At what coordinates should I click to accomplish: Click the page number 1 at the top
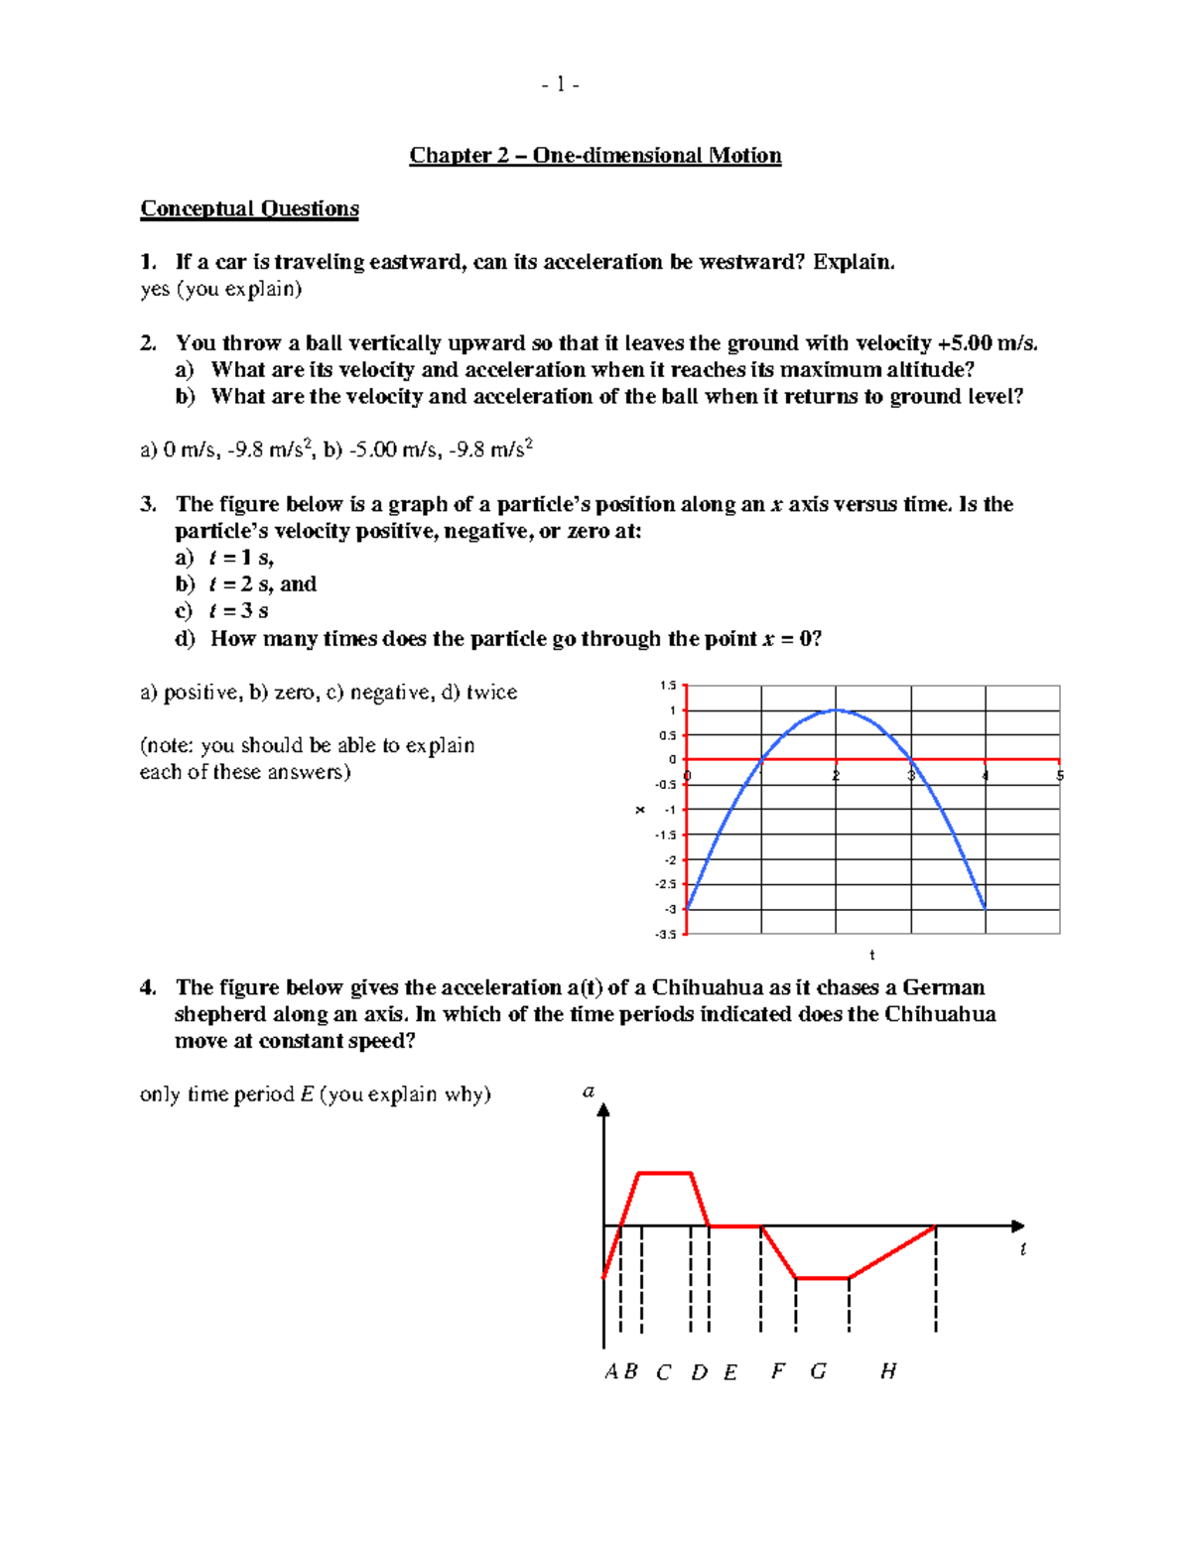[x=561, y=85]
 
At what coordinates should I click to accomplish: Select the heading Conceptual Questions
[x=249, y=209]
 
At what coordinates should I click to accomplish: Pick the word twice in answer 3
[x=492, y=693]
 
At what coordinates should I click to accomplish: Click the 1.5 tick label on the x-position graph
[x=667, y=686]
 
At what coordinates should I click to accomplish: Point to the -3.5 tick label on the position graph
[x=665, y=935]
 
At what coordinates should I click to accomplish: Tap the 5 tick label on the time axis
[x=1060, y=776]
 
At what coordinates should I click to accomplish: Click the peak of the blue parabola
[x=837, y=709]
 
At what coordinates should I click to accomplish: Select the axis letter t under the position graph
[x=872, y=956]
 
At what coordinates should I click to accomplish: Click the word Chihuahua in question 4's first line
[x=707, y=988]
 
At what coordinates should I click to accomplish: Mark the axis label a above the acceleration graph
[x=589, y=1092]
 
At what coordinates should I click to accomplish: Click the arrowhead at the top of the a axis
[x=603, y=1110]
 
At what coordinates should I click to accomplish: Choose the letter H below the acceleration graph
[x=888, y=1371]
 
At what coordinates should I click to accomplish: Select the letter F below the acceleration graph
[x=778, y=1371]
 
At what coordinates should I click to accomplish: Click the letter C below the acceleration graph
[x=664, y=1372]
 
